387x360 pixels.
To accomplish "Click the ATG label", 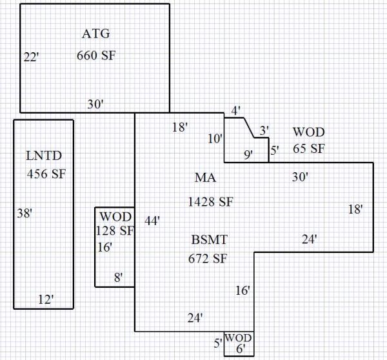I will click(x=96, y=34).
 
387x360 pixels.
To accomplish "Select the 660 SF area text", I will click(x=96, y=55).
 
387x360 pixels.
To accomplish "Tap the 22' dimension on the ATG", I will click(x=31, y=57).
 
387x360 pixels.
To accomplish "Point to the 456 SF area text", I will click(x=46, y=174).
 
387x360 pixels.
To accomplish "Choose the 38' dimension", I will click(x=25, y=212).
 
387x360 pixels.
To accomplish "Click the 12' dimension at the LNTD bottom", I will click(x=45, y=299).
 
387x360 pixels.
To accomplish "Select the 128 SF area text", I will click(x=114, y=230).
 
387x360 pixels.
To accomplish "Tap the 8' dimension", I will click(x=119, y=277).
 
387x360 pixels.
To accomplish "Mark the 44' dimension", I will click(x=152, y=220).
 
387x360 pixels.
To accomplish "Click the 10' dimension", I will click(x=215, y=139).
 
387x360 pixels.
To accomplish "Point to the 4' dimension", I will click(x=235, y=110).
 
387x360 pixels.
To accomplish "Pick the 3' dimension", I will click(x=263, y=130).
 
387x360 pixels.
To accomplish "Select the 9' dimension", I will click(x=248, y=154).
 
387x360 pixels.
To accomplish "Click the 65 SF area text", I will click(x=308, y=148).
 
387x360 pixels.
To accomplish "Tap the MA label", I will click(x=205, y=177).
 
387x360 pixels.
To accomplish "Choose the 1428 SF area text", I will click(x=210, y=201).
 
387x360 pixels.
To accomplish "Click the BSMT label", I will click(x=210, y=241).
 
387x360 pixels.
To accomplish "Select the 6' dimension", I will click(x=241, y=349).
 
